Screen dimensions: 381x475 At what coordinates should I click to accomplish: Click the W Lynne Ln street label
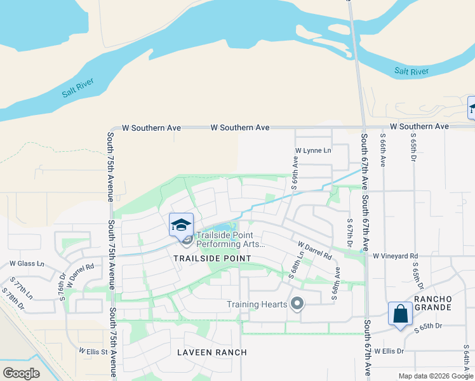tap(313, 150)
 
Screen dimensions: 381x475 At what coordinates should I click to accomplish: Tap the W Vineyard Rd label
tap(397, 256)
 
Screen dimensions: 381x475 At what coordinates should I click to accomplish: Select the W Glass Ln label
tap(27, 264)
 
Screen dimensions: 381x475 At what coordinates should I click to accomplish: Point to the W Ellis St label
tap(95, 350)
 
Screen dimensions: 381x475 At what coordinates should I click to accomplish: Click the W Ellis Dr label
tap(389, 351)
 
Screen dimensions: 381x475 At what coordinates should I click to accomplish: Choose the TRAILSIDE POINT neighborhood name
tap(212, 258)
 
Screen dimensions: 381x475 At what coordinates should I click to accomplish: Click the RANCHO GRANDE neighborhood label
tap(432, 303)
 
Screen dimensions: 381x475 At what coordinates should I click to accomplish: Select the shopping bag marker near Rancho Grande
tap(399, 314)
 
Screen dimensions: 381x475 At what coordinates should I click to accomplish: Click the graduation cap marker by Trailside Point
tap(181, 224)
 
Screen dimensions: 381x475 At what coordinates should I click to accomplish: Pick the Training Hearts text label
tap(257, 304)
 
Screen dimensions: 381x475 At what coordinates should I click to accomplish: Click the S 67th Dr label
tap(350, 234)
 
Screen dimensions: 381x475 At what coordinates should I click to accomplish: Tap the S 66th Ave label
tap(383, 150)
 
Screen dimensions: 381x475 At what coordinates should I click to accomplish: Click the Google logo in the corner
tap(22, 373)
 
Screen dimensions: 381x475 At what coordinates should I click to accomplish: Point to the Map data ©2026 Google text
tap(434, 376)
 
